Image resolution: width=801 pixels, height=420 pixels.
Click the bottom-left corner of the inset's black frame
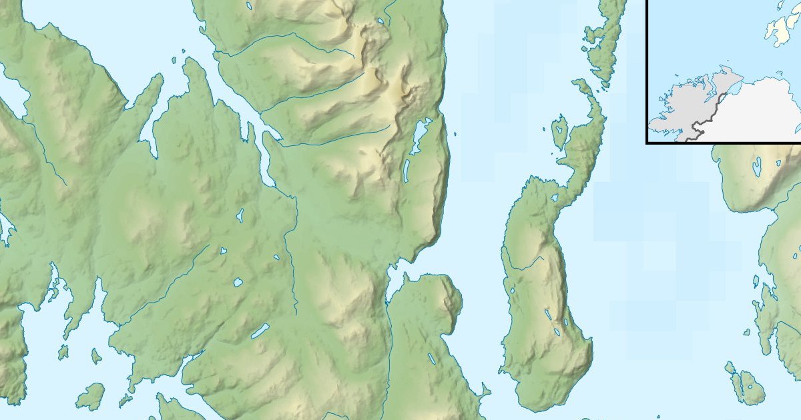pos(647,142)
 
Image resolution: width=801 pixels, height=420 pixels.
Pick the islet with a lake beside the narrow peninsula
pos(559,131)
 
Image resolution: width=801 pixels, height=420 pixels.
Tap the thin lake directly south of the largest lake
pos(406,171)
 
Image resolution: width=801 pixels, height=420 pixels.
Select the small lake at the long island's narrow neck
pos(554,198)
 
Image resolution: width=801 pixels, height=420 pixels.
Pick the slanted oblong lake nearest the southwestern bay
pos(260,331)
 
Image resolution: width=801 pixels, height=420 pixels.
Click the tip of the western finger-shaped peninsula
pos(160,77)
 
